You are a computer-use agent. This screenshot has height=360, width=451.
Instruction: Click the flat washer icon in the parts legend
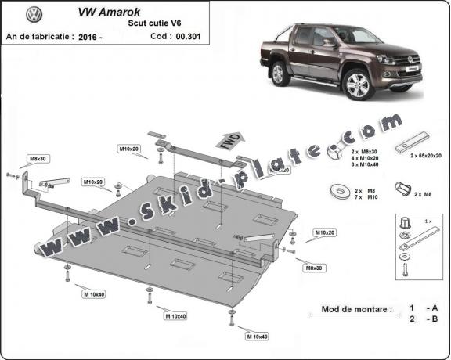coord(341,189)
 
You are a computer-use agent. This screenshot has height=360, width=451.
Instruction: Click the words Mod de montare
coord(355,309)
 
